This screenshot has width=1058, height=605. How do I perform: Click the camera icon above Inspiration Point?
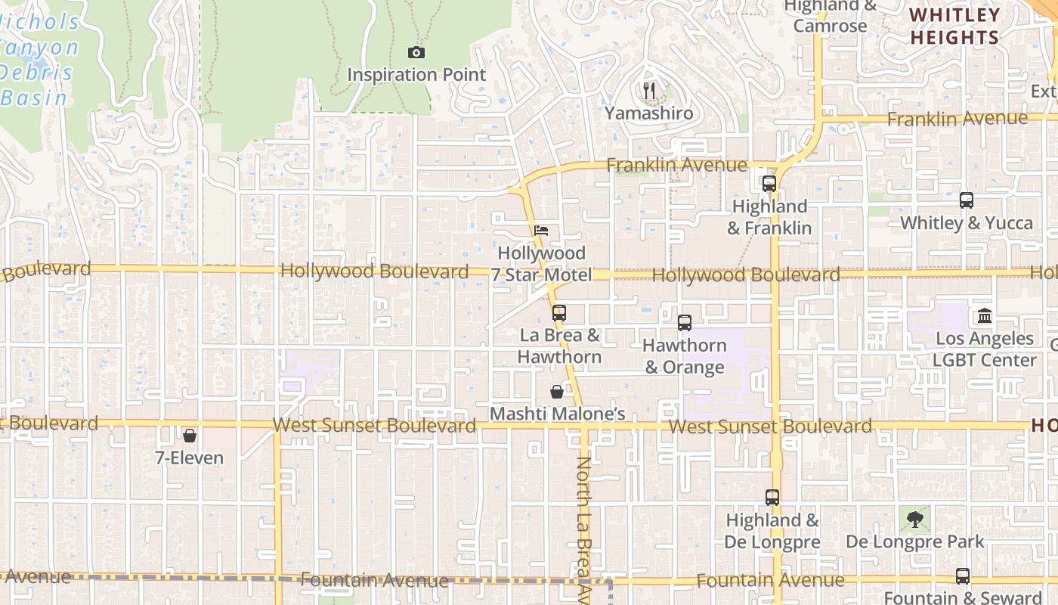pos(416,52)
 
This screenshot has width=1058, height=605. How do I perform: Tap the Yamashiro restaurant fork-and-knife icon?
pos(649,92)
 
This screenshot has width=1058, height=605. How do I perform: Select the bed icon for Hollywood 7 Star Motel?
pos(541,231)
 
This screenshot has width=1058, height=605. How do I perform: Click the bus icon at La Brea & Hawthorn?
pos(559,312)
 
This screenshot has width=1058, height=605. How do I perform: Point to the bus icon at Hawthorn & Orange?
pos(685,323)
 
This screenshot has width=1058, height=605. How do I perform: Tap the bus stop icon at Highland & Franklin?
pos(769,183)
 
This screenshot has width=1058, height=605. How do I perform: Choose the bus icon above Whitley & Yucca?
pos(967,200)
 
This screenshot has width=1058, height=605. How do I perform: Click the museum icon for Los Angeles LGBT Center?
pos(985,315)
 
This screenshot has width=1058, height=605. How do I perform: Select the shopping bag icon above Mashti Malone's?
pos(557,392)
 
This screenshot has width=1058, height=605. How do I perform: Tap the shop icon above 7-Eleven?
pos(190,436)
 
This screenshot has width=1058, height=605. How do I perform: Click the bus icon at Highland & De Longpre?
pos(772,498)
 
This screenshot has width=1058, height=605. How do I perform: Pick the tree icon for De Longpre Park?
pos(915,519)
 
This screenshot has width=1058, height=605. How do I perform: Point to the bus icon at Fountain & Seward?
pos(963,576)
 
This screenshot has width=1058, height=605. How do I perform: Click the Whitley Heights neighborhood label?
pos(955,26)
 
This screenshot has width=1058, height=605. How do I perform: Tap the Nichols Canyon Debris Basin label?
pos(39,60)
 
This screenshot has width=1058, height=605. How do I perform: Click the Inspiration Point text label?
pos(416,75)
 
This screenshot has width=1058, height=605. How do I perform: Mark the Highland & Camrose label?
pos(830,16)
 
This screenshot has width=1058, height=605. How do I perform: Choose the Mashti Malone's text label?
pos(558,414)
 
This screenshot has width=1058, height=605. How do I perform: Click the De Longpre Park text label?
pos(915,541)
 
